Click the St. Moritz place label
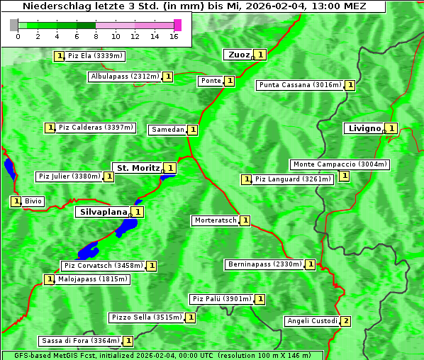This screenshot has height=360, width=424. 138,168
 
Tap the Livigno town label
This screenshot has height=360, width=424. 364,128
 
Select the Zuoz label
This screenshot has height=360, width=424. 238,55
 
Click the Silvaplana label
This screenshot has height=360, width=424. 103,211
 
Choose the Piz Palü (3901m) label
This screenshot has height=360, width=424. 221,299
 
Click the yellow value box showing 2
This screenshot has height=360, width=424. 346,321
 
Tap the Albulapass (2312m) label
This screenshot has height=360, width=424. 125,77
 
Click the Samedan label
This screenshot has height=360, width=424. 167,130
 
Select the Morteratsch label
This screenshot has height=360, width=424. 216,220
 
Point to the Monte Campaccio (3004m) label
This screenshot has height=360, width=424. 340,164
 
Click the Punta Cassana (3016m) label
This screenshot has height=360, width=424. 300,85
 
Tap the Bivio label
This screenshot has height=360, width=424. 33,201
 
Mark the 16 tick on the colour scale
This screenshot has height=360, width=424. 173,37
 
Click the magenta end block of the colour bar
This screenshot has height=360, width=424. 177,26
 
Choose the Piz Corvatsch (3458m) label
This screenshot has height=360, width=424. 103,266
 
